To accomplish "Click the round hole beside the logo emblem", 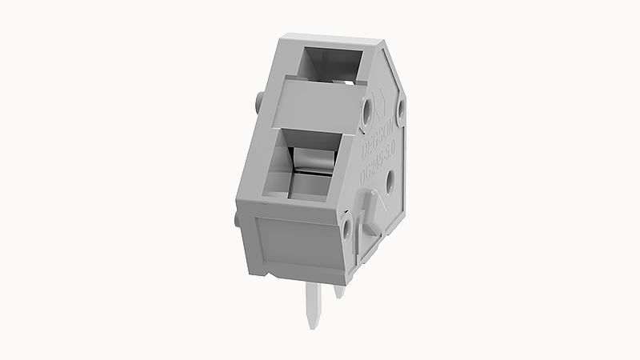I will [x=367, y=108].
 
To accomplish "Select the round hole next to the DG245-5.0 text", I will [x=390, y=183].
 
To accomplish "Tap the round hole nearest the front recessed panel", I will [x=346, y=230].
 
